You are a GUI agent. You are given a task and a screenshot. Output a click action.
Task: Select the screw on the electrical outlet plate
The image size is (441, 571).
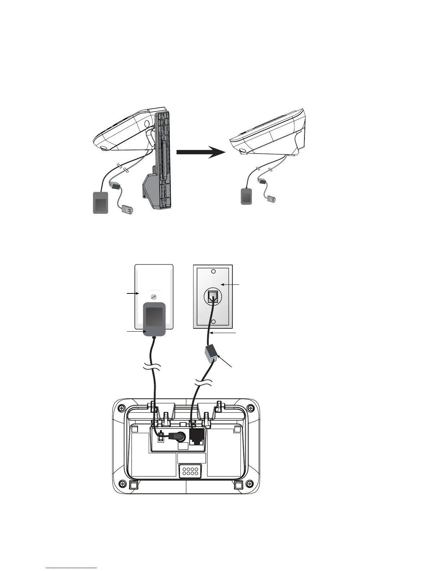point(154,297)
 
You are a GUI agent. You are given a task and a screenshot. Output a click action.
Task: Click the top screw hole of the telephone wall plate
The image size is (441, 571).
point(213,271)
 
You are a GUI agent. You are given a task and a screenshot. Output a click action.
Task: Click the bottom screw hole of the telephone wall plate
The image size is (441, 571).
point(213,322)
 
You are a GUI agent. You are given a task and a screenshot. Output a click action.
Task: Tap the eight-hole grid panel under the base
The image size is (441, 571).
point(190,471)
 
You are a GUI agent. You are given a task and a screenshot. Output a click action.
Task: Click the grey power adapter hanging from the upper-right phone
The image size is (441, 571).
point(246,196)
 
